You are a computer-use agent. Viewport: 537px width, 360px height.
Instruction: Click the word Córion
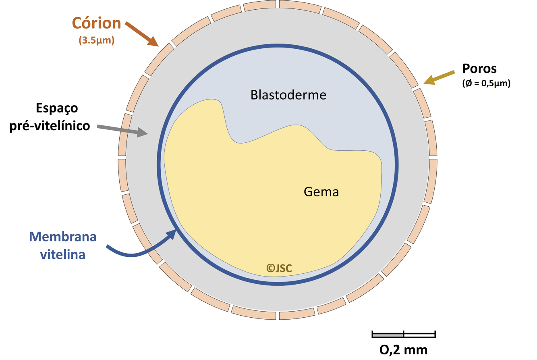[x=97, y=23]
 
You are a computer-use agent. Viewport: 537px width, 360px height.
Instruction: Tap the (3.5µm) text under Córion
[x=97, y=40]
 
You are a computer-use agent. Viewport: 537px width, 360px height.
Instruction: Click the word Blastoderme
[x=288, y=95]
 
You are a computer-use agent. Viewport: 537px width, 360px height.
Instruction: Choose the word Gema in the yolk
[x=321, y=191]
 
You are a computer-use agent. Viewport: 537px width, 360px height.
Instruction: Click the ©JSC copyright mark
[x=279, y=267]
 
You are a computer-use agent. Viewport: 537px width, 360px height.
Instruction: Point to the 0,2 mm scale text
[x=404, y=349]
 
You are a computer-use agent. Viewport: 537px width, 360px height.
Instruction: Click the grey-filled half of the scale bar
[x=388, y=335]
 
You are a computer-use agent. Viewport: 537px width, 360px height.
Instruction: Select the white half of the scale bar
[x=419, y=335]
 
